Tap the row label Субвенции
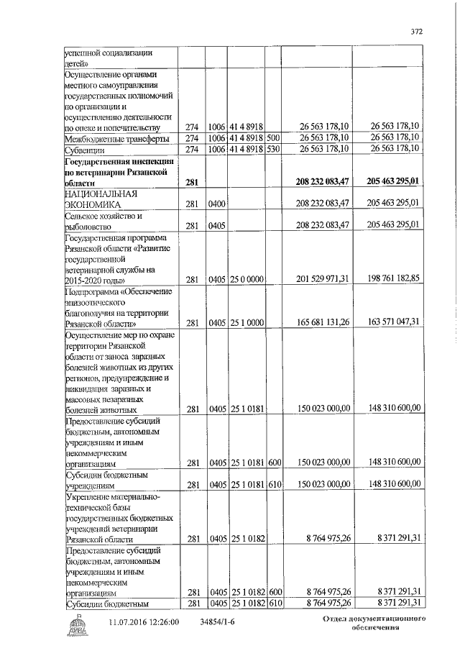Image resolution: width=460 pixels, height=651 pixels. [85, 150]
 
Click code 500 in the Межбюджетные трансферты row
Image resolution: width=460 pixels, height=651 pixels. [273, 138]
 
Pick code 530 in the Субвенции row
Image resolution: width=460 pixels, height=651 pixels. [273, 150]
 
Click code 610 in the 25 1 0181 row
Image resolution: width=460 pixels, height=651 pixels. [273, 485]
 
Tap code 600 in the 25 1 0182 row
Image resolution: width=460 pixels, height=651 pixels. [273, 591]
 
